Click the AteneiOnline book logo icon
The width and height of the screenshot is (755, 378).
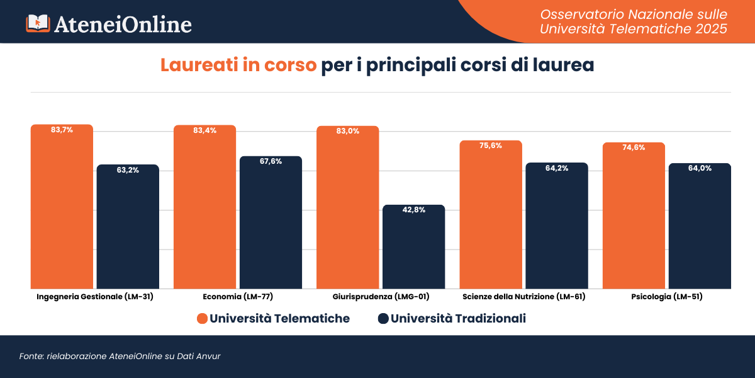pos(37,23)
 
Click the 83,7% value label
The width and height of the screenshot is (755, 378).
pos(62,130)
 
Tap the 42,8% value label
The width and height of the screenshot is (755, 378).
pos(413,210)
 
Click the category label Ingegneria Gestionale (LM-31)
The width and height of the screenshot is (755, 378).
pos(95,296)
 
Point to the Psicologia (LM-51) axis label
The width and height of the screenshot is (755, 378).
pos(666,296)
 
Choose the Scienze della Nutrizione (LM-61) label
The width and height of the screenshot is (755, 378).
pos(523,296)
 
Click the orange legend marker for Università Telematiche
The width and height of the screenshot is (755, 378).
pos(202,319)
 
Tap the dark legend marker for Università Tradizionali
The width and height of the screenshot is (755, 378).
pos(383,319)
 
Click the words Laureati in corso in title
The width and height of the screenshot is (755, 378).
pos(238,66)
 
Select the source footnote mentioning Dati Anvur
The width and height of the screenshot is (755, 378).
pos(120,357)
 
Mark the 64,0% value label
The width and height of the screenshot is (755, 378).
pos(700,168)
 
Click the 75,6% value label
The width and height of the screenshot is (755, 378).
pos(491,146)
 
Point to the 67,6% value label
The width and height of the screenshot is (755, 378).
pos(271,161)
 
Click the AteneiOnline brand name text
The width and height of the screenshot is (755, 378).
pos(123,24)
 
